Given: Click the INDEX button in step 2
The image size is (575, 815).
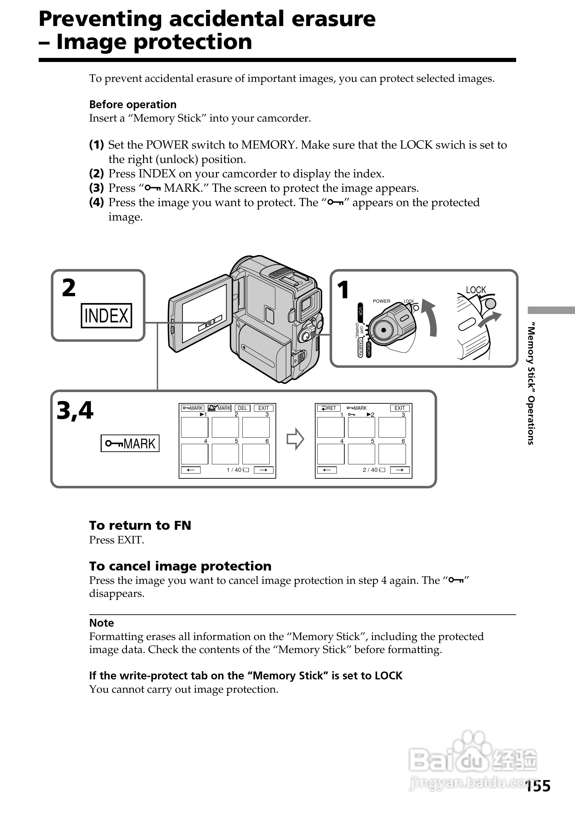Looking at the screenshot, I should tap(106, 316).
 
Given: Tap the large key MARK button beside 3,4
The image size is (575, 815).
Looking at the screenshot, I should tap(130, 443).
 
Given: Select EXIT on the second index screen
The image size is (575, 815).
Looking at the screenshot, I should tap(399, 408).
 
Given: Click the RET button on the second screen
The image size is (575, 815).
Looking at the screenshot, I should tap(329, 408).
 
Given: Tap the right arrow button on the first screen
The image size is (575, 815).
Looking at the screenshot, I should tap(264, 470).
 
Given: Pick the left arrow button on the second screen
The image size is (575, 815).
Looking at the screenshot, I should tap(327, 470).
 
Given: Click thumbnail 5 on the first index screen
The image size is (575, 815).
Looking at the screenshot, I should tap(225, 454).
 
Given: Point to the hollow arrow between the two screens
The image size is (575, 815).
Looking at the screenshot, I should tap(295, 439).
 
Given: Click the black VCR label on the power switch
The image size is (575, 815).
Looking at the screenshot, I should tap(360, 311).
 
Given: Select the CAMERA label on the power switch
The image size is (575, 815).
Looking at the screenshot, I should tap(360, 348).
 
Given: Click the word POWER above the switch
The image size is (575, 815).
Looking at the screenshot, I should tap(381, 301).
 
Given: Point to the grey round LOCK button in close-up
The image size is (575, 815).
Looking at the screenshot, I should tap(490, 303).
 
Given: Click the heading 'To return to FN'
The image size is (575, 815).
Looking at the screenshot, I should tap(140, 525).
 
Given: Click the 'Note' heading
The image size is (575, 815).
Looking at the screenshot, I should tap(101, 623).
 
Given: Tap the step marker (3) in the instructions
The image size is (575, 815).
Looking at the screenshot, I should tap(97, 188).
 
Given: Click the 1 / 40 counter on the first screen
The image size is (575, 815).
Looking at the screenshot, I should tap(234, 470).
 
